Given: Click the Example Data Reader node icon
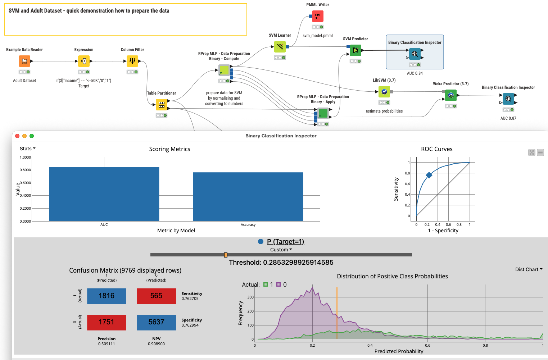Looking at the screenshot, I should click(x=24, y=61).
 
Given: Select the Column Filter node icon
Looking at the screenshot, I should click(x=132, y=61).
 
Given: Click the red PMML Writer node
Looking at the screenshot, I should click(x=318, y=16).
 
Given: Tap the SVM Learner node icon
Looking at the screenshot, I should click(x=280, y=47).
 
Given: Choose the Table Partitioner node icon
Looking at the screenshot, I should click(x=162, y=105).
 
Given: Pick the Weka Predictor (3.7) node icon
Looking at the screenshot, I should click(x=451, y=95).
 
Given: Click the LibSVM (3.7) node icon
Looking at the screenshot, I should click(x=384, y=92).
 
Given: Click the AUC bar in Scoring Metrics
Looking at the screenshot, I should click(x=104, y=194).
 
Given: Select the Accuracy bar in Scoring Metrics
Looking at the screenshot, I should click(x=248, y=197).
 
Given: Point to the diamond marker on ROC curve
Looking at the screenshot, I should click(x=429, y=175).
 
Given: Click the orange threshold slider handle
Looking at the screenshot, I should click(x=226, y=255).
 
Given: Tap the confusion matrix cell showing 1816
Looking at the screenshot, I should click(x=107, y=296).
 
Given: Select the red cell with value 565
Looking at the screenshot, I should click(x=156, y=296).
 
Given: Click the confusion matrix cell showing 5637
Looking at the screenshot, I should click(x=156, y=322).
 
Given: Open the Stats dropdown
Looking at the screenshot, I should click(x=28, y=149).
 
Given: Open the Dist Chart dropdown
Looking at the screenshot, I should click(x=529, y=269).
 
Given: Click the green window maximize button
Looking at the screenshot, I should click(x=32, y=136).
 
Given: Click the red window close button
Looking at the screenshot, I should click(x=17, y=136).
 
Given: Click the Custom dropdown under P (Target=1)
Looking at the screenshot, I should click(x=281, y=250).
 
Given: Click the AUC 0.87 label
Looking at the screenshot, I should click(x=508, y=118).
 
